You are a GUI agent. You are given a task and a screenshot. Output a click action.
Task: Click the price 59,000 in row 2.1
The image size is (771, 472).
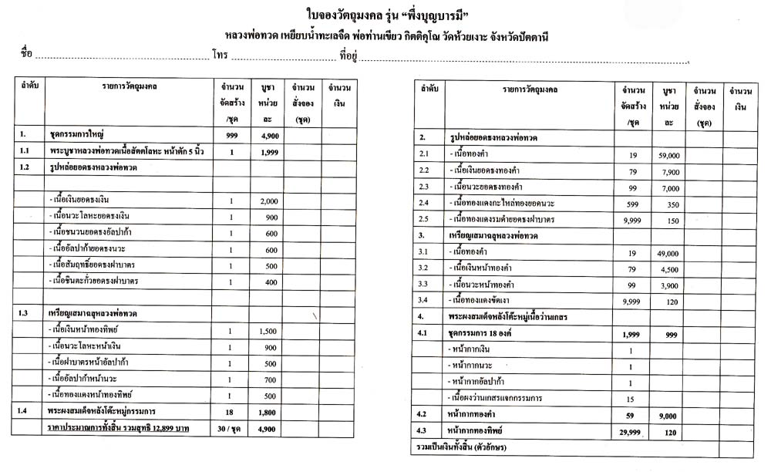668,154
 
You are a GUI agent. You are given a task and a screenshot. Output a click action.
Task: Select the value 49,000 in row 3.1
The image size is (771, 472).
668,252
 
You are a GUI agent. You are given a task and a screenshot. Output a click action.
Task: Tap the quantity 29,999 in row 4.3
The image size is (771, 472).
632,433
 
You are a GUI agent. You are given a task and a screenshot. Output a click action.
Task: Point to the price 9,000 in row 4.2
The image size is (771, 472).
668,415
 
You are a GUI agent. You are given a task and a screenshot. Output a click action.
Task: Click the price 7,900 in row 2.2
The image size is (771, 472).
668,170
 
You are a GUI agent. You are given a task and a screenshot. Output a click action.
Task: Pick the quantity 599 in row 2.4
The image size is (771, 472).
632,203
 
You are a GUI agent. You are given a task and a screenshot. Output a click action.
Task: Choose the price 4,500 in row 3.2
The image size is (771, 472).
668,268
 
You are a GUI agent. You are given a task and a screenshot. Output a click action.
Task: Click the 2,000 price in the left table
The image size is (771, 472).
268,201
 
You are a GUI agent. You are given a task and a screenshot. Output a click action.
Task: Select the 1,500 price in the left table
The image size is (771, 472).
268,331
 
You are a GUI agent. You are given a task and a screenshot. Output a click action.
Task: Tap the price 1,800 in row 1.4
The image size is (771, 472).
268,411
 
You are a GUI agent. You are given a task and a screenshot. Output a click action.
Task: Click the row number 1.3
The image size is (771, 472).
26,314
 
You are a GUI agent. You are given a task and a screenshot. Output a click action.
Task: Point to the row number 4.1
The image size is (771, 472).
422,333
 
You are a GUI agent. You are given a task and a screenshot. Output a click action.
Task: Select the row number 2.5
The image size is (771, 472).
423,219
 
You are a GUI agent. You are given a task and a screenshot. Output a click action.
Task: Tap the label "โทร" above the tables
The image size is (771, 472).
221,56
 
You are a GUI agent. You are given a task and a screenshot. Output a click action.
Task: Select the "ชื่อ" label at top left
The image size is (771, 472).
26,56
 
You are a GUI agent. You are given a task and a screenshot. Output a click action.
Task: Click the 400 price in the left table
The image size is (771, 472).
268,282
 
